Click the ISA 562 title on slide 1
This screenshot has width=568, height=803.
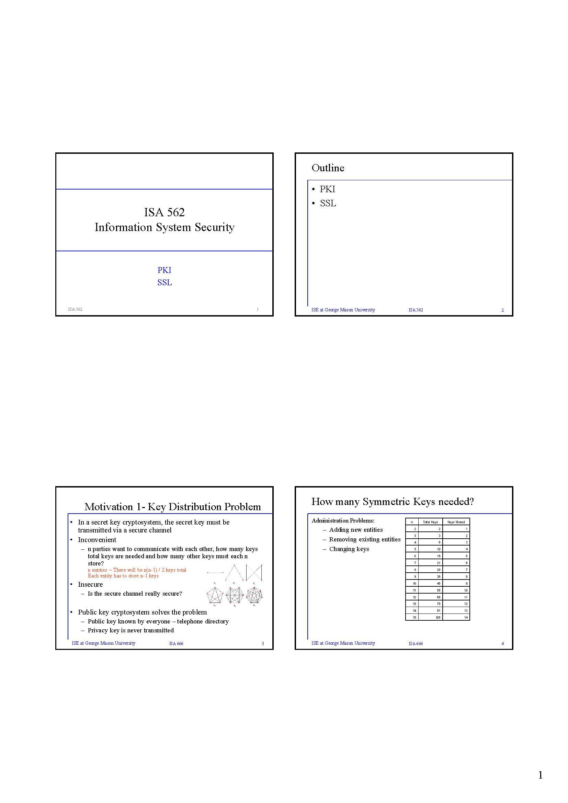(164, 212)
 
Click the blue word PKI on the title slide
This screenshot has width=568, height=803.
(164, 270)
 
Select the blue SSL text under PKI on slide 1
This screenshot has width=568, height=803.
(164, 283)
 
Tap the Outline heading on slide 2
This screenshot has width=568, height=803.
(328, 168)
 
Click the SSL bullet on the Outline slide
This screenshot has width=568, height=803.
(328, 204)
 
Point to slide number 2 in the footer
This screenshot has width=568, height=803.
(503, 310)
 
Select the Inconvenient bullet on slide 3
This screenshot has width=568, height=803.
(97, 540)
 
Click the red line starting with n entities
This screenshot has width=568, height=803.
(137, 570)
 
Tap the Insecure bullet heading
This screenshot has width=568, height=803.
(90, 584)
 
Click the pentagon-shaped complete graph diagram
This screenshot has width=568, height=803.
(215, 595)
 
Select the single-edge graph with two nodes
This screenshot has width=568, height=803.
(215, 573)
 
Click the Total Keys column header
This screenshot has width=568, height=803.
(430, 522)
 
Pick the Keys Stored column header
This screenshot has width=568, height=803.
(456, 522)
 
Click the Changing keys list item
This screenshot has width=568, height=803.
(349, 549)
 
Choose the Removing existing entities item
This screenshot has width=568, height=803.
(364, 539)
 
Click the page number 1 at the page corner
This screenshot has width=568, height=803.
(541, 776)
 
